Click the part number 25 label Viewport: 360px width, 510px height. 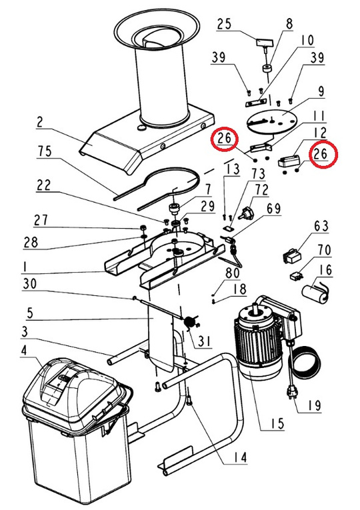[x=224, y=24]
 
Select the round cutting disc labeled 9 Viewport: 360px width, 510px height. [x=272, y=122]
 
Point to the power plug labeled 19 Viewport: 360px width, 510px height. [x=290, y=393]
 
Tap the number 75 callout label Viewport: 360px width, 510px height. [x=45, y=151]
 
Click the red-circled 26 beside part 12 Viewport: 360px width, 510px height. [x=320, y=153]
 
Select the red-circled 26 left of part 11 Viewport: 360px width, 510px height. [x=225, y=138]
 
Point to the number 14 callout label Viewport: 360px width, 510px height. [x=240, y=457]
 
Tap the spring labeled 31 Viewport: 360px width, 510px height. [x=190, y=322]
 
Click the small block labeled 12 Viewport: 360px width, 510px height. [x=289, y=161]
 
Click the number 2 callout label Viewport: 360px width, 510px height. [x=39, y=122]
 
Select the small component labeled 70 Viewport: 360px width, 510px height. [x=297, y=276]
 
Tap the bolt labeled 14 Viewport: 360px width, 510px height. [x=189, y=399]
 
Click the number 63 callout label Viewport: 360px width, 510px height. [x=321, y=226]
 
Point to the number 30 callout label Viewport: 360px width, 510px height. [x=30, y=283]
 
